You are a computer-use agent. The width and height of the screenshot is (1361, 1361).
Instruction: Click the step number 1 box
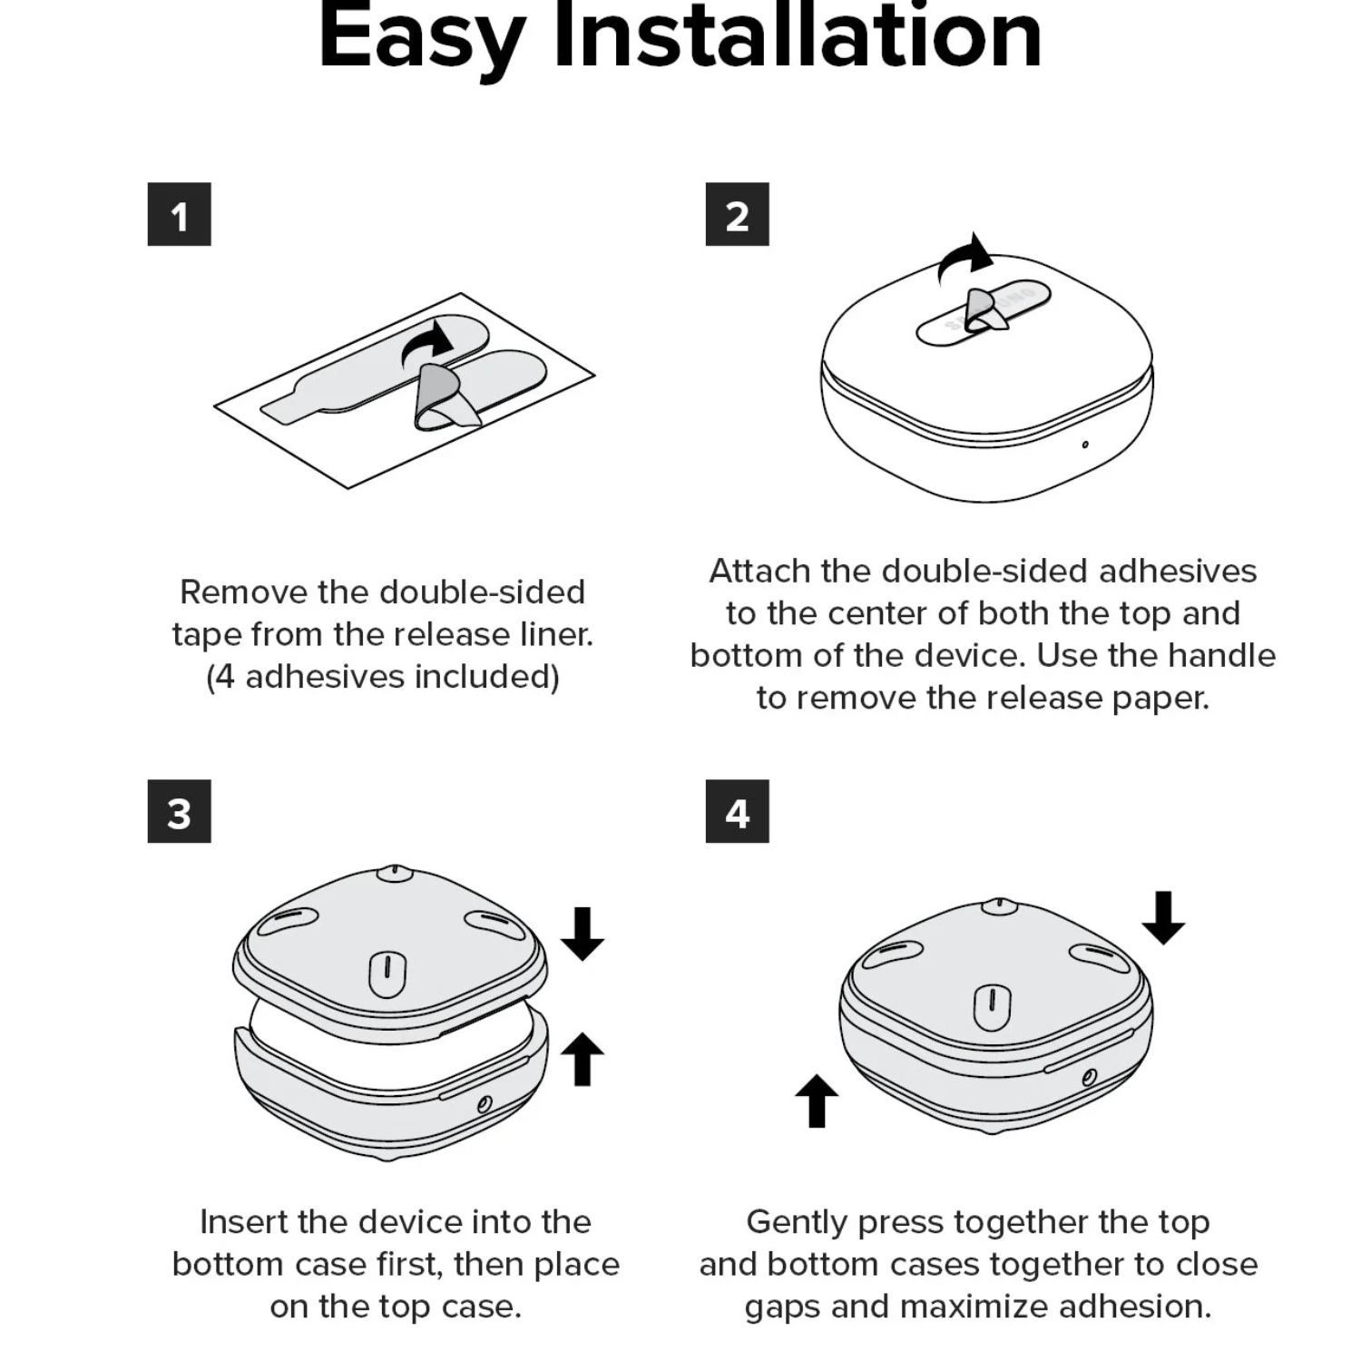179,214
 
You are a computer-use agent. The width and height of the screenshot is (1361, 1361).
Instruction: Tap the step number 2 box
737,214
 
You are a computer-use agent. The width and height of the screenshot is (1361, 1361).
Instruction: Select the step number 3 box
179,811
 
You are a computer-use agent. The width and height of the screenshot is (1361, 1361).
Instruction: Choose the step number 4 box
737,811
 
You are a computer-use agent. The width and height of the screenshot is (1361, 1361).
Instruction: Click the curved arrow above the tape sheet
428,342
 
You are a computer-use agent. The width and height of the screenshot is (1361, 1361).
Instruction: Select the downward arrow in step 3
583,934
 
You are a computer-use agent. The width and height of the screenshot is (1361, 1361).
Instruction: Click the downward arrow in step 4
1163,917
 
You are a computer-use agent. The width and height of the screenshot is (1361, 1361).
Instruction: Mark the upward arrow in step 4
817,1101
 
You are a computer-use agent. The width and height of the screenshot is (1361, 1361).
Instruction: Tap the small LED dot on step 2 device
1085,445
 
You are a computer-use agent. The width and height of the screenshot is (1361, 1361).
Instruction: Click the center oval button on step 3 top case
387,973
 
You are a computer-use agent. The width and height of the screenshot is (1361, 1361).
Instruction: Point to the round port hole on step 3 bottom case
485,1104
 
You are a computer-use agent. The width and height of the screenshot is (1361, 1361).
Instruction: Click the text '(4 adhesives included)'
383,677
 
